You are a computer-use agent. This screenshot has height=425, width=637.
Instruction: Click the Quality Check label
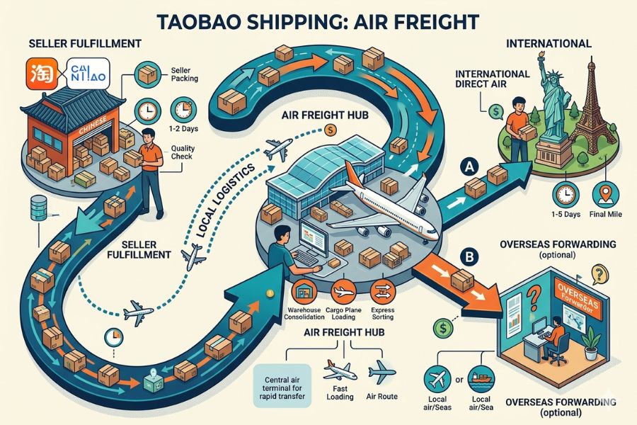pyautogui.click(x=182, y=151)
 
